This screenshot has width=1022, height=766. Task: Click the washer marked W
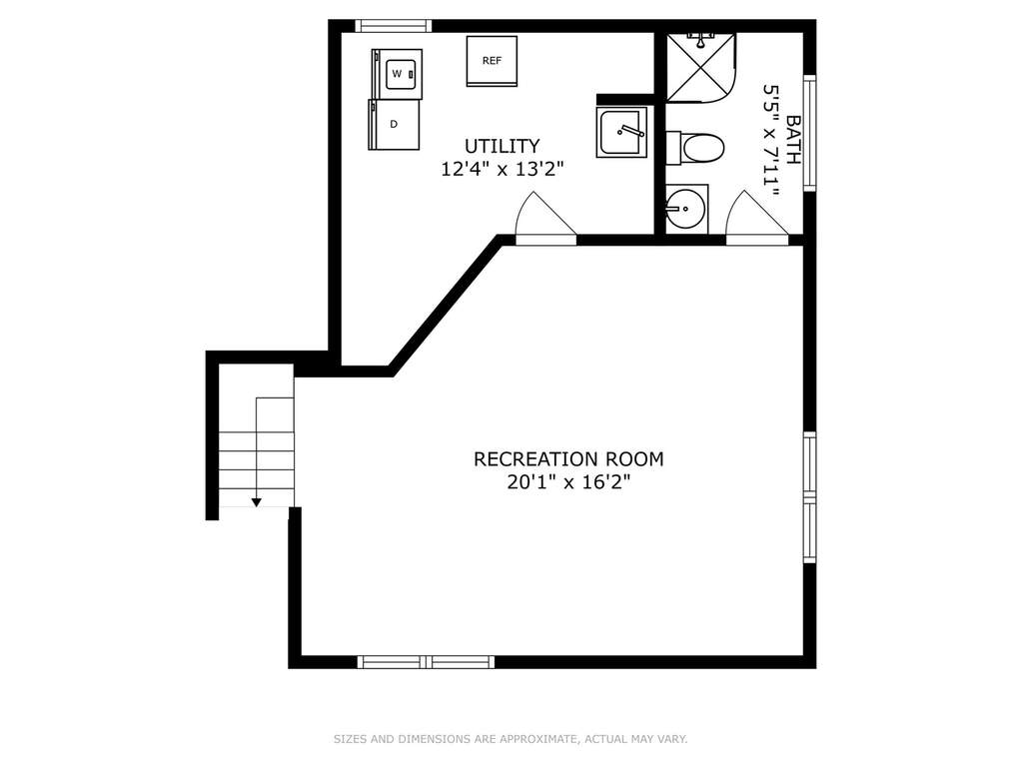click(x=397, y=74)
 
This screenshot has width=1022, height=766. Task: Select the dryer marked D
click(x=394, y=125)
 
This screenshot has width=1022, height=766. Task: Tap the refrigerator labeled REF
click(x=492, y=61)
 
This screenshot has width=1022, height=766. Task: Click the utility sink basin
click(x=621, y=133)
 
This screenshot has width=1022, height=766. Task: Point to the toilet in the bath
click(x=694, y=149)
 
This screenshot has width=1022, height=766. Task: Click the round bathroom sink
click(x=686, y=209)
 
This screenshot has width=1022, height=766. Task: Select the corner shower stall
click(x=700, y=68)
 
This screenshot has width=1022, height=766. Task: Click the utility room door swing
click(x=546, y=218)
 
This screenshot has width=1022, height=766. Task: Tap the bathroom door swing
click(x=756, y=218)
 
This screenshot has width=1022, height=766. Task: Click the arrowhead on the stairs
click(x=257, y=502)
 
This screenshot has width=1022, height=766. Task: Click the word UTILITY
click(x=502, y=145)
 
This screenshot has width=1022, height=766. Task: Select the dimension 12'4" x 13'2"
click(x=502, y=170)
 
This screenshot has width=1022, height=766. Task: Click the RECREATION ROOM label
click(x=568, y=459)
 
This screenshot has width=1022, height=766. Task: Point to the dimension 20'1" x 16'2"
click(x=568, y=482)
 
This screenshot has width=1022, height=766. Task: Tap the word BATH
click(x=793, y=140)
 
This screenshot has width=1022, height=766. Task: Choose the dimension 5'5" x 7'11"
click(x=770, y=140)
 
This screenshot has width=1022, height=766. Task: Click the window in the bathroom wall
click(x=809, y=133)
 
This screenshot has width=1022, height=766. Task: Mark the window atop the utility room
click(x=394, y=26)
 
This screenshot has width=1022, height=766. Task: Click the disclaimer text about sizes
click(x=511, y=739)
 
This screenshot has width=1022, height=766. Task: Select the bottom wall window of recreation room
click(x=426, y=662)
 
